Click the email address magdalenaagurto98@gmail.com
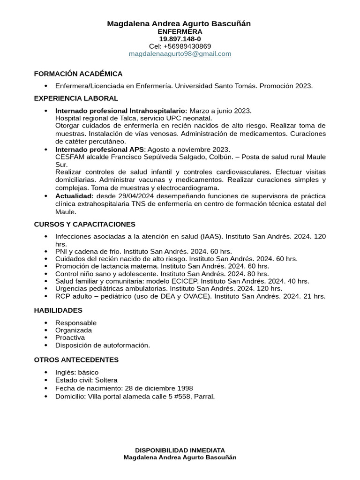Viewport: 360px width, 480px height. pos(180,54)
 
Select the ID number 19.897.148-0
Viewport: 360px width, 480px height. pos(180,39)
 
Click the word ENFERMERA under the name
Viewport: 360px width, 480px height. pos(180,31)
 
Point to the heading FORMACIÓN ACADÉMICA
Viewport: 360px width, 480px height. pos(78,74)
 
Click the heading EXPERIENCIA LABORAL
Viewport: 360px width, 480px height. pos(76,98)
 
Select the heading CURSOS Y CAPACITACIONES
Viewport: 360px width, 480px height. pos(84,225)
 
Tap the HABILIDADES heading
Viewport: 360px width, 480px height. pos(58,310)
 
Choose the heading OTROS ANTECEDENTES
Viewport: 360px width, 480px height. pos(76,360)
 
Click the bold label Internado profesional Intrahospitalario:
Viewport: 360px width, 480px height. pos(121,111)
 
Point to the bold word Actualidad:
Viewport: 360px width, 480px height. pos(75,196)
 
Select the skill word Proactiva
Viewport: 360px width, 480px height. pos(70,337)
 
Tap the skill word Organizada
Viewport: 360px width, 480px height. pos(74,330)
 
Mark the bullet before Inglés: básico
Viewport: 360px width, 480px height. pos(46,373)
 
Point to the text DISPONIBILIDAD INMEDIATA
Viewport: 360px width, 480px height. pos(180,450)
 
